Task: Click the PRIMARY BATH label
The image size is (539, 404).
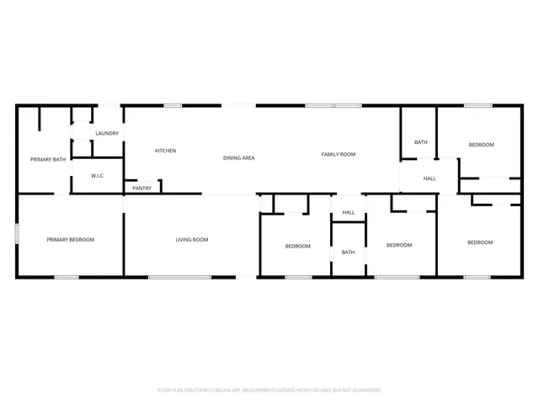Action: pyautogui.click(x=48, y=159)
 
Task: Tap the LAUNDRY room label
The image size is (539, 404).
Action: pyautogui.click(x=107, y=134)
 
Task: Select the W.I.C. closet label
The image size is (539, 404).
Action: pyautogui.click(x=98, y=176)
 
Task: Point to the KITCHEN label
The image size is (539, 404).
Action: pyautogui.click(x=165, y=151)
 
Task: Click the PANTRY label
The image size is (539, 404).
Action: pyautogui.click(x=142, y=188)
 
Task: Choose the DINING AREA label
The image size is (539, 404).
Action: pyautogui.click(x=238, y=157)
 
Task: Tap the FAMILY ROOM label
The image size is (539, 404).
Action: pyautogui.click(x=339, y=154)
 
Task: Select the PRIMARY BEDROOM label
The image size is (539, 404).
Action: pyautogui.click(x=70, y=240)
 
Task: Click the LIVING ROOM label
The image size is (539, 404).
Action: pyautogui.click(x=192, y=240)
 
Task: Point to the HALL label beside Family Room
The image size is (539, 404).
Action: pyautogui.click(x=430, y=178)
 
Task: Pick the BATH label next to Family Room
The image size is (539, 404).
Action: pyautogui.click(x=420, y=142)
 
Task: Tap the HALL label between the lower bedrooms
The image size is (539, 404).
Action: pyautogui.click(x=348, y=212)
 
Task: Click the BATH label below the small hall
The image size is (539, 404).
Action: pyautogui.click(x=348, y=252)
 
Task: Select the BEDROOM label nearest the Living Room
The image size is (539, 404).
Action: pyautogui.click(x=297, y=246)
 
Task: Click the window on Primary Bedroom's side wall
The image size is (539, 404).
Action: pyautogui.click(x=17, y=233)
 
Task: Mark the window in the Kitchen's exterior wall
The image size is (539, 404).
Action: pyautogui.click(x=173, y=105)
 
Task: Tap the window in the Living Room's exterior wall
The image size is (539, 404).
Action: pyautogui.click(x=173, y=277)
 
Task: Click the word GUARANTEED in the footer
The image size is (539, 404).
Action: pyautogui.click(x=363, y=391)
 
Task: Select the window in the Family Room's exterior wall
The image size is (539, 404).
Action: pyautogui.click(x=321, y=105)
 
